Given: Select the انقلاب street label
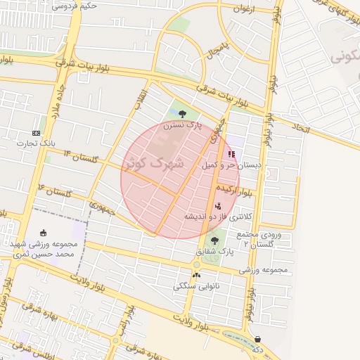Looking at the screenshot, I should (141, 97).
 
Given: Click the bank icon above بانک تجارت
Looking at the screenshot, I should (36, 133).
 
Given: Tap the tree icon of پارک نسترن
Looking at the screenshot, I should (183, 113).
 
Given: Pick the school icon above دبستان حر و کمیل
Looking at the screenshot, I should (232, 155).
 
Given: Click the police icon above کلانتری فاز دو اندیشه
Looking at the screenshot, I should (217, 205).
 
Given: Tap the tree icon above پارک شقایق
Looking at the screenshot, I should (214, 240).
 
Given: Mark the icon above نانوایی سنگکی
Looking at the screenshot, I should (196, 275).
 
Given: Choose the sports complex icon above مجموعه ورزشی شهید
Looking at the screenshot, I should (44, 233).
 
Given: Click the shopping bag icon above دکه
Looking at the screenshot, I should (258, 338).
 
